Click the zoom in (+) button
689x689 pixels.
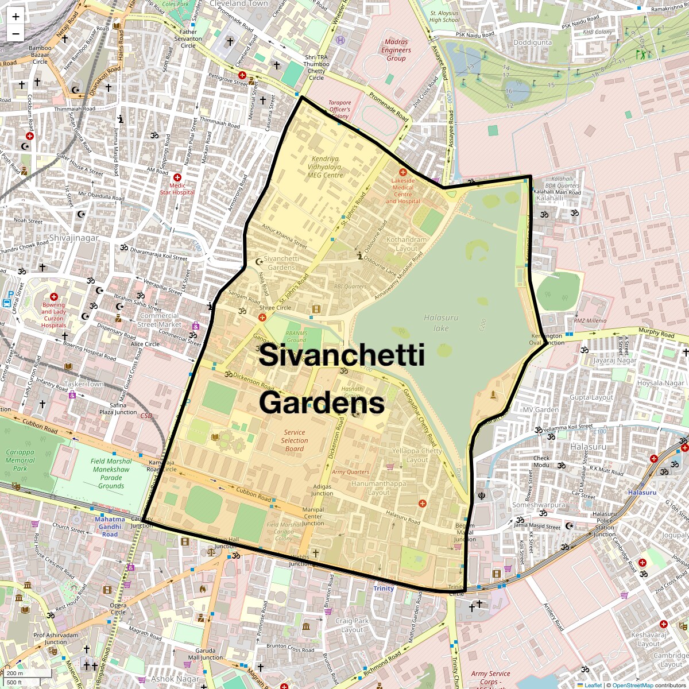(x=16, y=16)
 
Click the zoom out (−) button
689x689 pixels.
(x=16, y=33)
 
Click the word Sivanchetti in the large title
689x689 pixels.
(x=342, y=355)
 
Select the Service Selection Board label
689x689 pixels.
(x=295, y=440)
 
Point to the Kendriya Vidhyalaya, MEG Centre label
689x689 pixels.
(x=325, y=167)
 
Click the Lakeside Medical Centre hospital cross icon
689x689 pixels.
(x=403, y=172)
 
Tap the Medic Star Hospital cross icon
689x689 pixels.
(x=177, y=178)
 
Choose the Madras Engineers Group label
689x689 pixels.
(x=396, y=50)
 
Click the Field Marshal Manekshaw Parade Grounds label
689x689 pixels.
(x=111, y=473)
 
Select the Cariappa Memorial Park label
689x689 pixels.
(x=20, y=460)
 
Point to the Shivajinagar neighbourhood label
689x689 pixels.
(x=74, y=238)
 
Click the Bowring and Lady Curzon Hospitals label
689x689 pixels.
(x=53, y=315)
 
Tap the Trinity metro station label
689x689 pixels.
(x=384, y=589)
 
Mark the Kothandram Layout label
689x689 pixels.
(x=407, y=244)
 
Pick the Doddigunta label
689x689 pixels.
(x=532, y=42)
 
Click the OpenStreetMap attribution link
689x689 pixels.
(x=632, y=685)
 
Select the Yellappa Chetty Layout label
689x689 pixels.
(x=417, y=455)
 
